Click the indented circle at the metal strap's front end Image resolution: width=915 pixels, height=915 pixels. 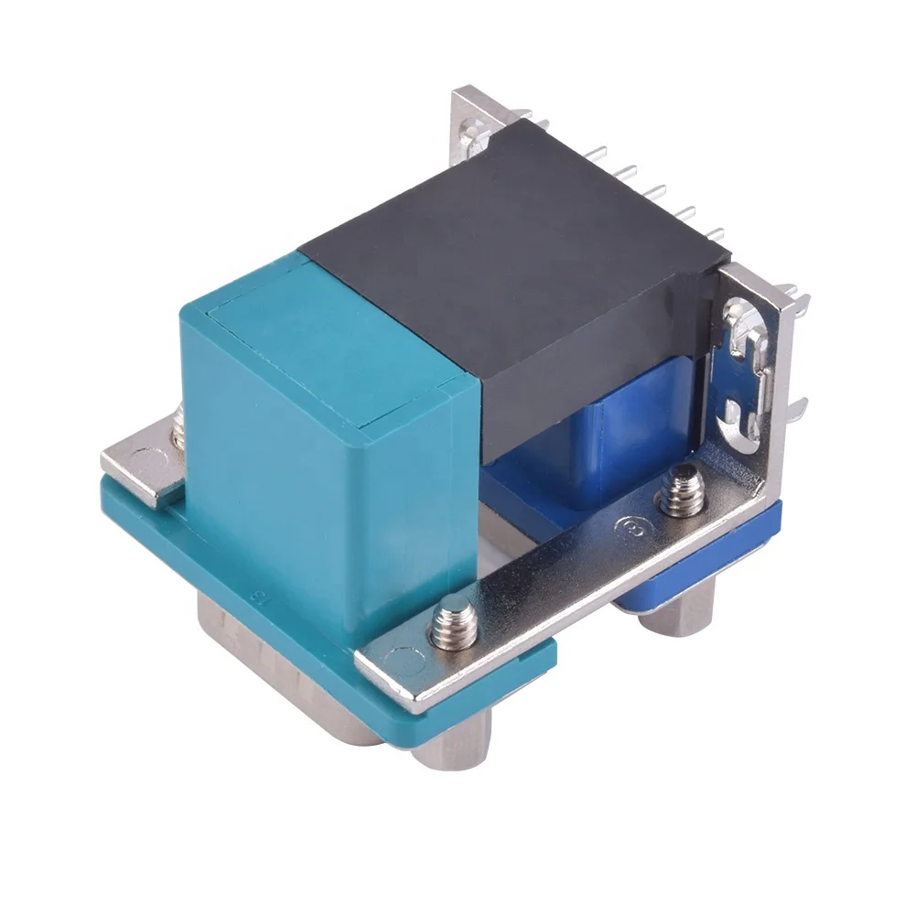(400, 657)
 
